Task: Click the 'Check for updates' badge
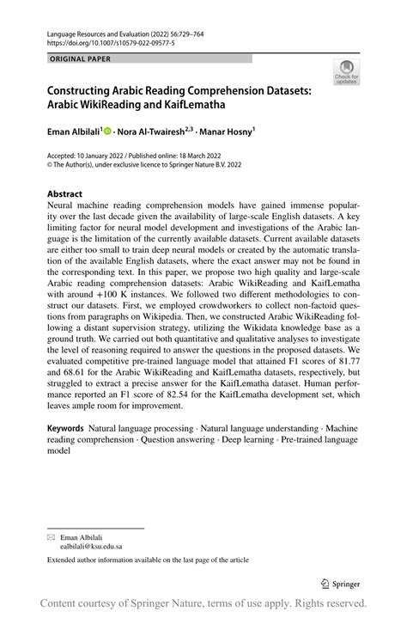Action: pyautogui.click(x=348, y=71)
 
